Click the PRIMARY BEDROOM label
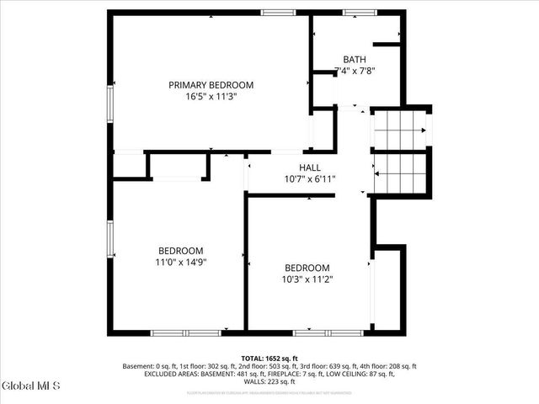pos(211,85)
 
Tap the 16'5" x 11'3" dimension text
pos(211,97)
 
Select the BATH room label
pos(355,60)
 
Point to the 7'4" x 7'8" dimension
pos(355,72)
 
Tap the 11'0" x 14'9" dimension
pos(181,263)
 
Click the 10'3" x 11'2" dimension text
pos(307,280)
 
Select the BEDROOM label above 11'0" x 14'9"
pos(181,251)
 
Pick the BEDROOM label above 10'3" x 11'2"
pos(307,268)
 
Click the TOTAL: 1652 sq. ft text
pos(269,358)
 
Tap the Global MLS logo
pos(30,386)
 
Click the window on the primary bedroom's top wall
pos(278,12)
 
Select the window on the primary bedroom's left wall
pos(109,105)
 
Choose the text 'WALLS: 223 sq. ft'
pos(269,382)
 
